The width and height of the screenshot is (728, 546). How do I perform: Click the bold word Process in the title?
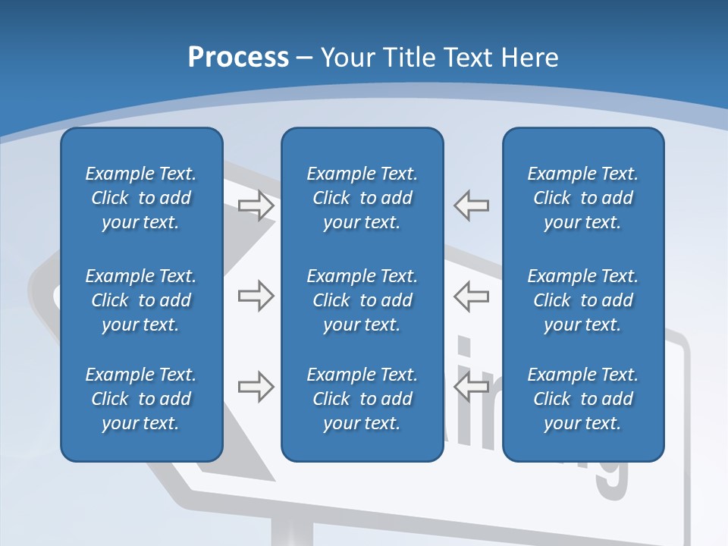pos(238,58)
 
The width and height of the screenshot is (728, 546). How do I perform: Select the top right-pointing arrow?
pos(256,206)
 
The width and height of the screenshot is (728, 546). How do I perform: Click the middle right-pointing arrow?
pos(256,296)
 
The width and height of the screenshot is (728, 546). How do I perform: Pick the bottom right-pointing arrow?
pos(256,387)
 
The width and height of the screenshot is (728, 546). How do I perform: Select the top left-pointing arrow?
pos(472,206)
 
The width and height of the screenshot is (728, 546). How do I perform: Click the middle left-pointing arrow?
pos(472,296)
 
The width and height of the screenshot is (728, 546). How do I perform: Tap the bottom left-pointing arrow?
pos(472,387)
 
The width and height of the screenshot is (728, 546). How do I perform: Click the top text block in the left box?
pos(141,198)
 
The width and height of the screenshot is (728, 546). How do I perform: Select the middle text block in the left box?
pos(141,300)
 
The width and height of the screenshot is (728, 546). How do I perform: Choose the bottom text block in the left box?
pos(141,399)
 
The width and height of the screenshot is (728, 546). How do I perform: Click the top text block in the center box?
pos(362,198)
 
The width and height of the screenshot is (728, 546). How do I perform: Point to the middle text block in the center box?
pos(362,300)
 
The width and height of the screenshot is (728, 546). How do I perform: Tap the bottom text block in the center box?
pos(362,399)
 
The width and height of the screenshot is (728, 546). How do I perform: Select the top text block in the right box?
pos(582,198)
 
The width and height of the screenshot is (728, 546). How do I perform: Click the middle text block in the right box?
pos(582,300)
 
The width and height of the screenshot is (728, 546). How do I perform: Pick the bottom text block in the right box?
pos(582,399)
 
